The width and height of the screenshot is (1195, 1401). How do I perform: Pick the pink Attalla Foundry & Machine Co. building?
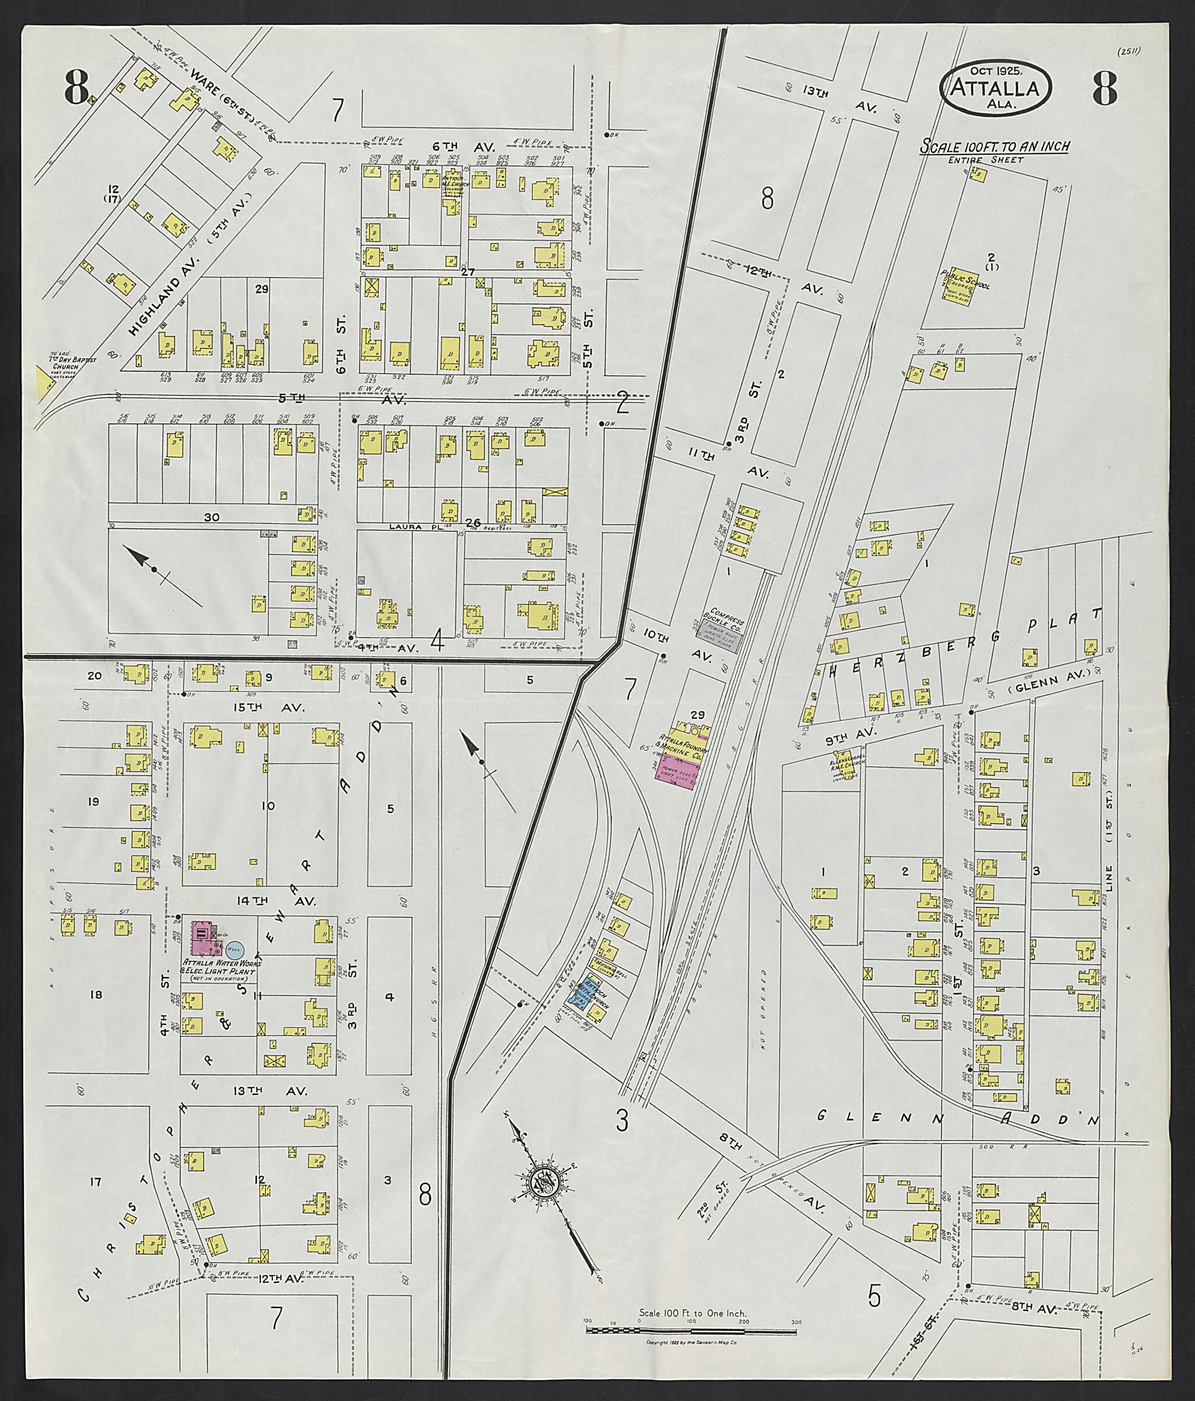pyautogui.click(x=676, y=769)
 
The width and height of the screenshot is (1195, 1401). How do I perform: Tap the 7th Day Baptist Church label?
pyautogui.click(x=73, y=366)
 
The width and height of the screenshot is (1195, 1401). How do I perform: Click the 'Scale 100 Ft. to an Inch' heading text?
pyautogui.click(x=992, y=148)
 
